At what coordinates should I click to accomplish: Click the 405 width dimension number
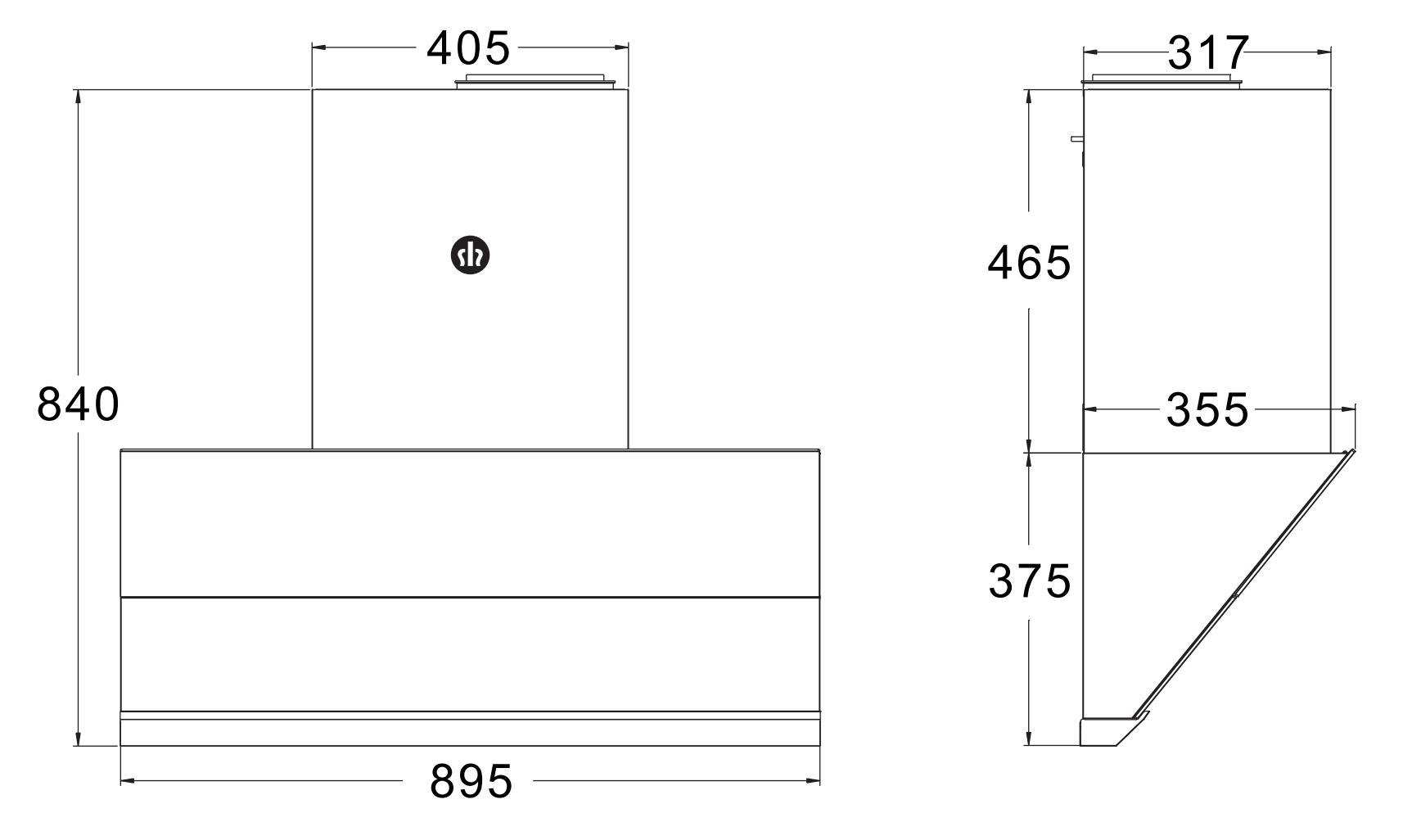pos(468,49)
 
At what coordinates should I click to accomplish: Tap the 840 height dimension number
pos(79,404)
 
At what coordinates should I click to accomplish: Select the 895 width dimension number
pos(471,781)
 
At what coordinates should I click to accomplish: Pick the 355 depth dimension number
pos(1207,409)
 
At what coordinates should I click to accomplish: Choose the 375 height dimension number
pos(1029,581)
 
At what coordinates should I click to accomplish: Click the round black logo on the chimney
pos(471,256)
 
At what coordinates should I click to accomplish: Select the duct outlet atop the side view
pos(1161,80)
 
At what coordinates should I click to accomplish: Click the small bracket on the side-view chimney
pos(1077,139)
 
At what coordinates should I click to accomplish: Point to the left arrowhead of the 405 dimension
pos(318,47)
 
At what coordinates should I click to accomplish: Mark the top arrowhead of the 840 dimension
pos(79,95)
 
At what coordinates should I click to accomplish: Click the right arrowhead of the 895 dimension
pos(814,781)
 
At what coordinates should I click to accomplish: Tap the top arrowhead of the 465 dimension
pos(1029,95)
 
